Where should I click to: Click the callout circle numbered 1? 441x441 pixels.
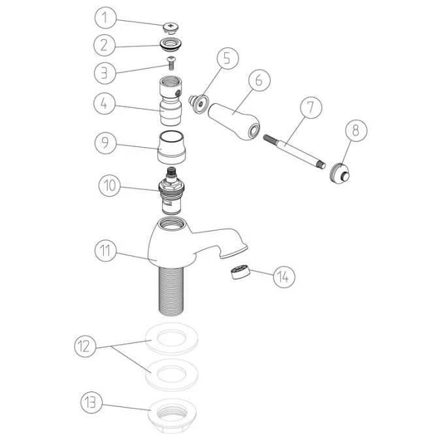pyautogui.click(x=106, y=18)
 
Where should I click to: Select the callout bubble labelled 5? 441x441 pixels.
pyautogui.click(x=226, y=58)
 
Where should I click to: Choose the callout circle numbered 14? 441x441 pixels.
pyautogui.click(x=282, y=276)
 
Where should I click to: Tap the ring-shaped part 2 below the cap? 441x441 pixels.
pyautogui.click(x=171, y=46)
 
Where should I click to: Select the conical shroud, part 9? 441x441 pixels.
pyautogui.click(x=172, y=148)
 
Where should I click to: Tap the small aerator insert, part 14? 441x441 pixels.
pyautogui.click(x=240, y=272)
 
